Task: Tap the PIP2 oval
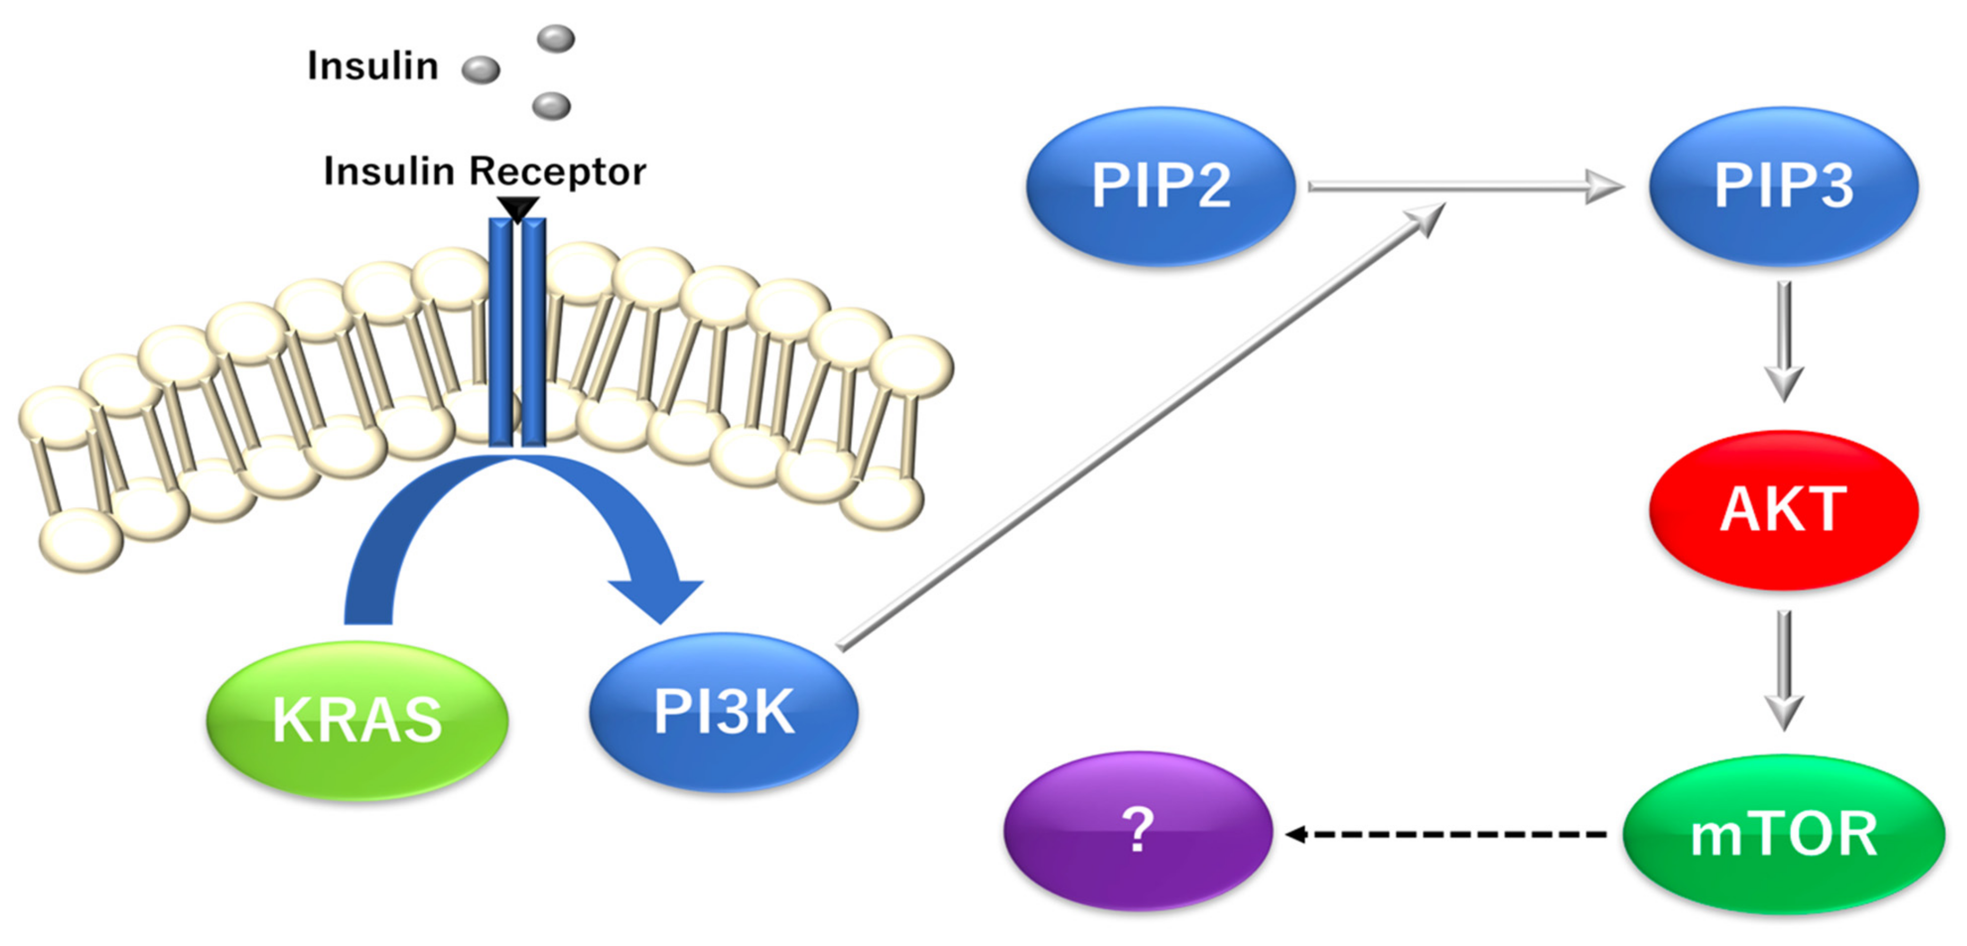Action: (1160, 186)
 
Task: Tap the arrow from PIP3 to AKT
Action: (1784, 340)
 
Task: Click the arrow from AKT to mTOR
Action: (1784, 668)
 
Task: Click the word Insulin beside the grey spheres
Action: (372, 65)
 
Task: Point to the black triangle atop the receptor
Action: (517, 207)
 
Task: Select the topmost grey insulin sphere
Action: (556, 38)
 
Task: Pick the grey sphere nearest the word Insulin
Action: (481, 70)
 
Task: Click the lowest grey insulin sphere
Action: (551, 106)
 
